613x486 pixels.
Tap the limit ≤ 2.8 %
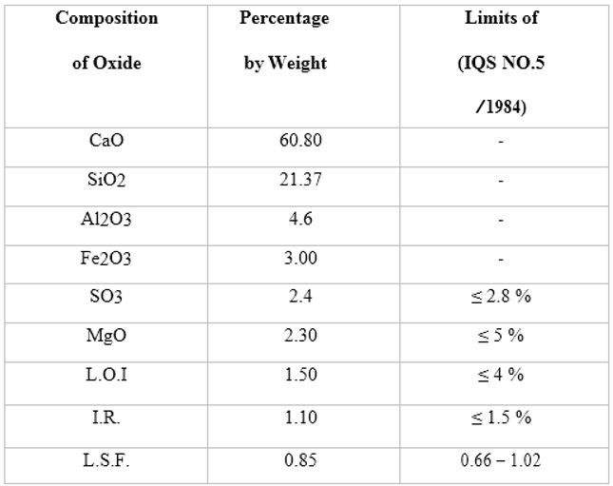[500, 297]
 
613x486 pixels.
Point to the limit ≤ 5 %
[500, 336]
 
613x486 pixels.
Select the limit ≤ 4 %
[500, 375]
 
